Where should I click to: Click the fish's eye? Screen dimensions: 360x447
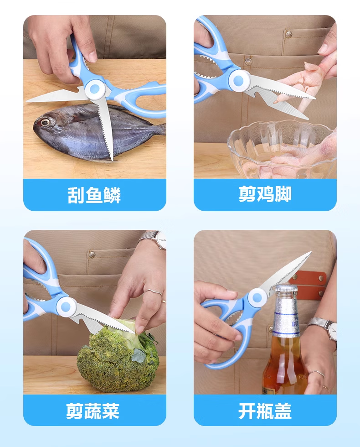(45, 122)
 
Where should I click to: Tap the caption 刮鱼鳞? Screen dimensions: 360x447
(94, 195)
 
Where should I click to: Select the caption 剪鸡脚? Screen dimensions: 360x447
(265, 194)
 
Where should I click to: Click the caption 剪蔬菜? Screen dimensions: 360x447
(93, 411)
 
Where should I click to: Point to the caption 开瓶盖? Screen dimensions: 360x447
(265, 411)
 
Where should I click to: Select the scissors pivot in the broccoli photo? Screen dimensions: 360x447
(66, 307)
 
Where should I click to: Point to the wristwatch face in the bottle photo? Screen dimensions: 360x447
(332, 329)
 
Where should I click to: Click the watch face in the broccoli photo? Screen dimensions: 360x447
(161, 239)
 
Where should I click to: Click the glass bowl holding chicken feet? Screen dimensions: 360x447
(281, 150)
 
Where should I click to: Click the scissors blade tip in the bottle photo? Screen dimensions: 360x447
(310, 252)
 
